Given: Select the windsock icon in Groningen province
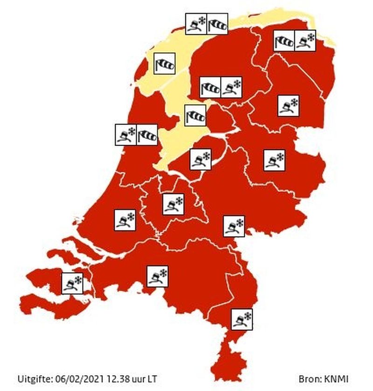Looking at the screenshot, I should tap(284, 40).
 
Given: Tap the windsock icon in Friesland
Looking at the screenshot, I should tap(210, 86).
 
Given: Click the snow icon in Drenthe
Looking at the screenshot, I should tap(288, 105).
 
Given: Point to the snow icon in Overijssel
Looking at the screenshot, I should tap(274, 160).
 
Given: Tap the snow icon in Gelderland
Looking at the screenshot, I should tap(234, 226).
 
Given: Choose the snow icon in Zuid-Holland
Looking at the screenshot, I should tap(125, 219).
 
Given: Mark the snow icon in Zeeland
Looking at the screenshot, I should tap(72, 283).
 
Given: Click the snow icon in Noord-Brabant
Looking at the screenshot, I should tap(157, 276).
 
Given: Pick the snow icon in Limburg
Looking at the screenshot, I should tap(242, 319).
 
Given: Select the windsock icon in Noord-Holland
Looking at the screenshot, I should tap(147, 135).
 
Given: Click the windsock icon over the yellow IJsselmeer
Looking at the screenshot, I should tap(195, 115).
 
